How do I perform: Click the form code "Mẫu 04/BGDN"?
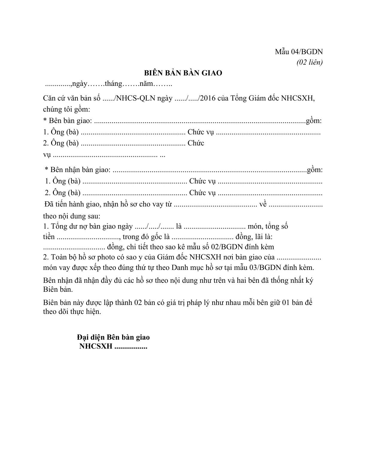[x=299, y=52]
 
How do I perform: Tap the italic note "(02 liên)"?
[x=309, y=62]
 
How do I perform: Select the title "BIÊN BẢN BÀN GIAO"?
[x=183, y=73]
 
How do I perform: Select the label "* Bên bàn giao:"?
[x=68, y=121]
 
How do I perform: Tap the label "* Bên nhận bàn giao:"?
[x=77, y=170]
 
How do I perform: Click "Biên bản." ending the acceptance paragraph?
[x=58, y=290]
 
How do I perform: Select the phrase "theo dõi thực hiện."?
[x=72, y=312]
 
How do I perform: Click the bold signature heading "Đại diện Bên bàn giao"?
[x=113, y=337]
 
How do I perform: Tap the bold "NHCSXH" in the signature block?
[x=96, y=347]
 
